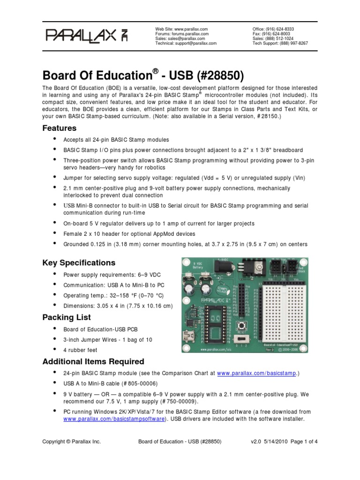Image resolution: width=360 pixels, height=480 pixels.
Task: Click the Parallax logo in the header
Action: tap(88, 36)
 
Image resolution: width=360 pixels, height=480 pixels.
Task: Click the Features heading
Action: tap(60, 128)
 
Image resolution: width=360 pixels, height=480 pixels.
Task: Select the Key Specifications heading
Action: tap(79, 262)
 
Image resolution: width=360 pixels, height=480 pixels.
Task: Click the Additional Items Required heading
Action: tap(93, 361)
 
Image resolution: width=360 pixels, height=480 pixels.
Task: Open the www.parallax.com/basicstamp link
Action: tap(257, 373)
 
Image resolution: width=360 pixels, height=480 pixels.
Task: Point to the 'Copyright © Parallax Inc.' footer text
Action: tap(71, 442)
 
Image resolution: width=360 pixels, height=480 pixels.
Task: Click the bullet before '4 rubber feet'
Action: tap(55, 349)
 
